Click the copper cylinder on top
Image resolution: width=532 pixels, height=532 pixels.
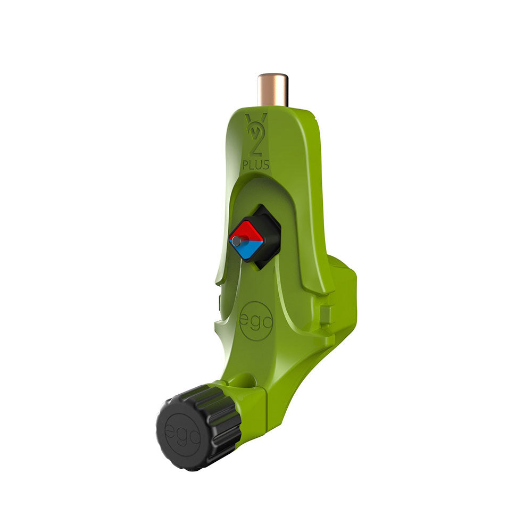[273, 90]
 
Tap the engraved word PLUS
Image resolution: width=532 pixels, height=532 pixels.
[256, 165]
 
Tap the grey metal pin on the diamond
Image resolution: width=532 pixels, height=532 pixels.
[237, 241]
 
